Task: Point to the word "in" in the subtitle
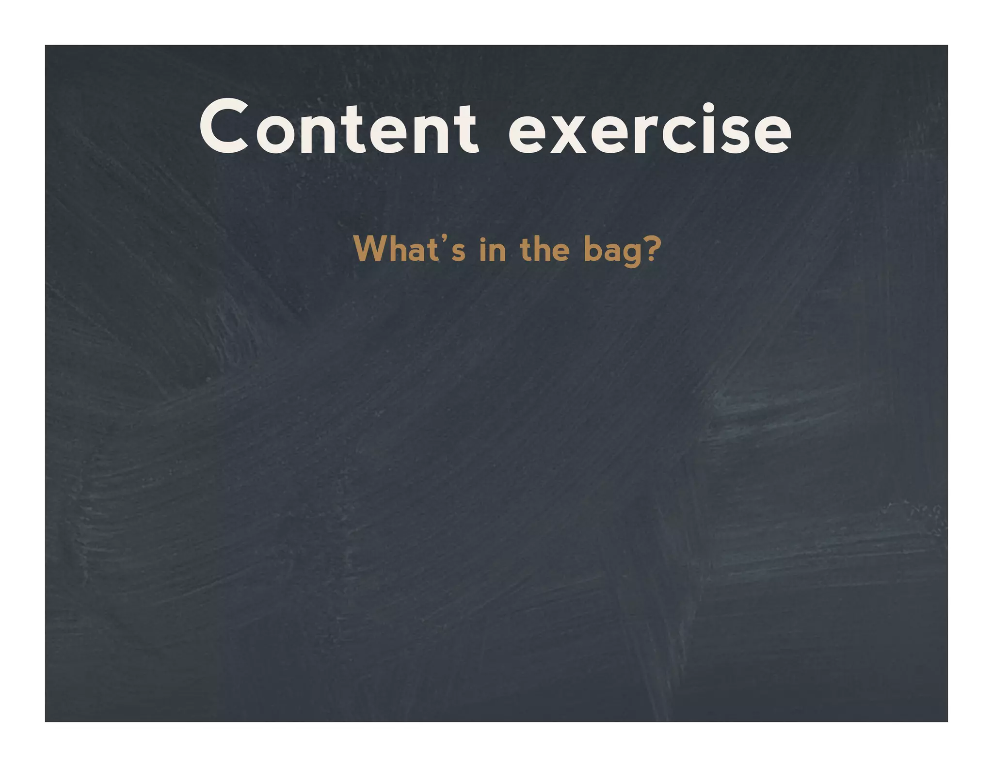pos(492,250)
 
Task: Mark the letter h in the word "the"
pos(542,249)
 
